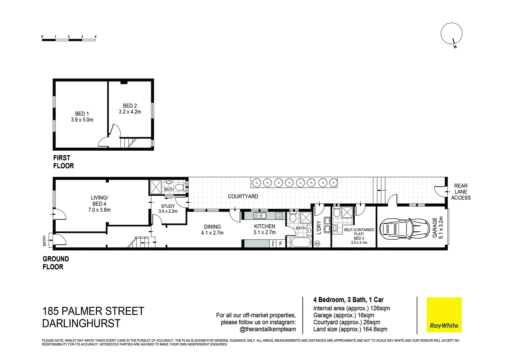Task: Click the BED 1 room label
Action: [x=82, y=114]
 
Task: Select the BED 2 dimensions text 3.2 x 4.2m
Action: [x=130, y=112]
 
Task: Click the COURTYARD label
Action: [x=243, y=196]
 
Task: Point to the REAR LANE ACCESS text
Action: [x=461, y=192]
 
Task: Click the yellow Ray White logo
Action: [x=444, y=315]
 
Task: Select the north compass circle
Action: [x=451, y=33]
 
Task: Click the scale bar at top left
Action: [x=69, y=40]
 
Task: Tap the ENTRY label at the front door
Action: [x=45, y=241]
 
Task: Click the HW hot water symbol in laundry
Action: [x=317, y=244]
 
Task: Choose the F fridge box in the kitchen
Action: [x=281, y=244]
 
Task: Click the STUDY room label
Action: [x=168, y=206]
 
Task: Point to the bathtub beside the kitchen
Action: [x=301, y=242]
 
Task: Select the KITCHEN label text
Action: [x=264, y=226]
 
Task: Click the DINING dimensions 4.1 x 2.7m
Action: [x=212, y=233]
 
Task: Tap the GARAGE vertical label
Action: [x=435, y=228]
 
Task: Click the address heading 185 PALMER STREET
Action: [x=93, y=311]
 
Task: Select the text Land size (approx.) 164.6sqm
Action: [x=350, y=329]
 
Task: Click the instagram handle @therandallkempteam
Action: [x=268, y=329]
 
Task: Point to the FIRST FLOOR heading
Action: [x=63, y=162]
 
